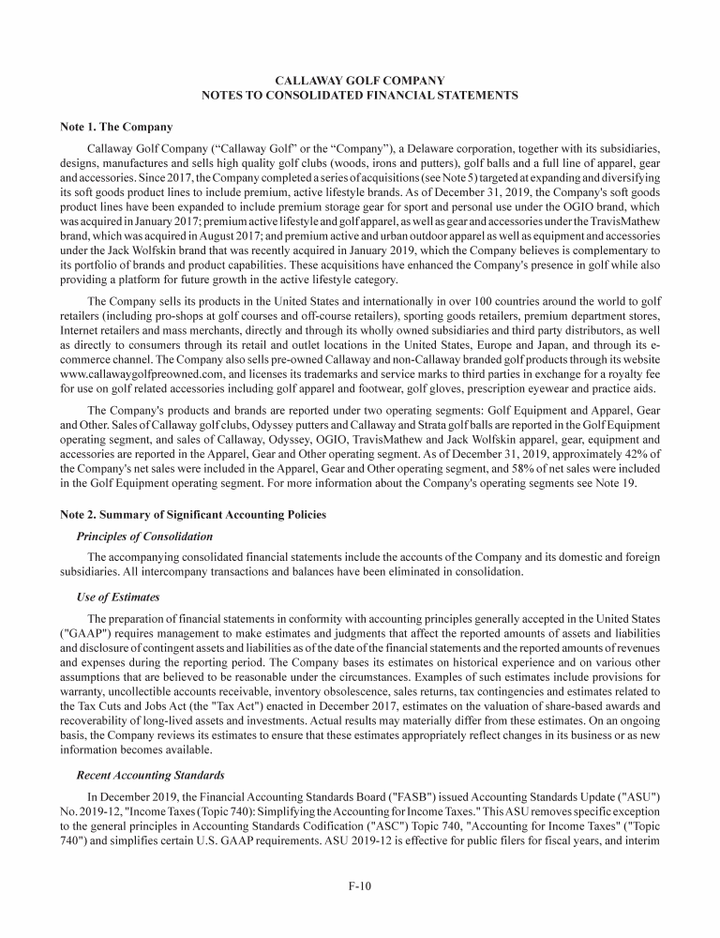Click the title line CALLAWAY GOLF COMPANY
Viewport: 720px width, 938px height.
click(x=359, y=81)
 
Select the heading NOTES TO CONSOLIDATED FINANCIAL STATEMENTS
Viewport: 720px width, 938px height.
click(x=359, y=96)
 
